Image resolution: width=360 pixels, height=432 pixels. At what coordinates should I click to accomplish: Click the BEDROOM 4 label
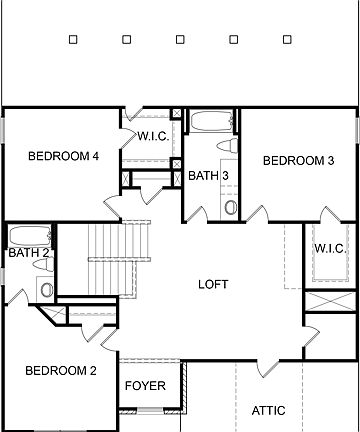click(x=64, y=155)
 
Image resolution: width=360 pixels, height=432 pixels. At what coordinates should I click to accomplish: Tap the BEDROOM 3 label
click(x=298, y=160)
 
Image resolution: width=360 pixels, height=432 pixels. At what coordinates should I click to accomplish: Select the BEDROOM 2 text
click(x=61, y=371)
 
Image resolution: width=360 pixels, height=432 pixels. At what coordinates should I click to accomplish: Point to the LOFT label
click(x=213, y=284)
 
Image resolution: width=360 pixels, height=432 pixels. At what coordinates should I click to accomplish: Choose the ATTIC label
click(x=268, y=410)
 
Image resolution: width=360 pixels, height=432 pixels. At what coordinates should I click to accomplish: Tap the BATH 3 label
click(x=209, y=176)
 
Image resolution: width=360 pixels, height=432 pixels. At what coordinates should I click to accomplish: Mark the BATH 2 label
click(x=28, y=253)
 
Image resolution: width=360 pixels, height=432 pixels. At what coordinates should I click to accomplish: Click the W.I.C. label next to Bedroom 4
click(x=152, y=136)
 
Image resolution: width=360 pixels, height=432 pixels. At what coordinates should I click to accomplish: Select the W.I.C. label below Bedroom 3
click(x=330, y=247)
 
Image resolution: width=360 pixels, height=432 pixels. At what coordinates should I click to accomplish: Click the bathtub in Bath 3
click(x=210, y=124)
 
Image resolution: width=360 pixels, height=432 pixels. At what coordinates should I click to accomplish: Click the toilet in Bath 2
click(x=46, y=288)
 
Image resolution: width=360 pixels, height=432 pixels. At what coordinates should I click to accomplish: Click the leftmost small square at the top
click(x=74, y=40)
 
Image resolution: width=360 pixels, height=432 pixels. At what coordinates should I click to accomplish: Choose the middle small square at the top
click(x=179, y=40)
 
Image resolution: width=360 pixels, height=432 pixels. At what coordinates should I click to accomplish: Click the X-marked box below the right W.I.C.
click(x=330, y=301)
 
